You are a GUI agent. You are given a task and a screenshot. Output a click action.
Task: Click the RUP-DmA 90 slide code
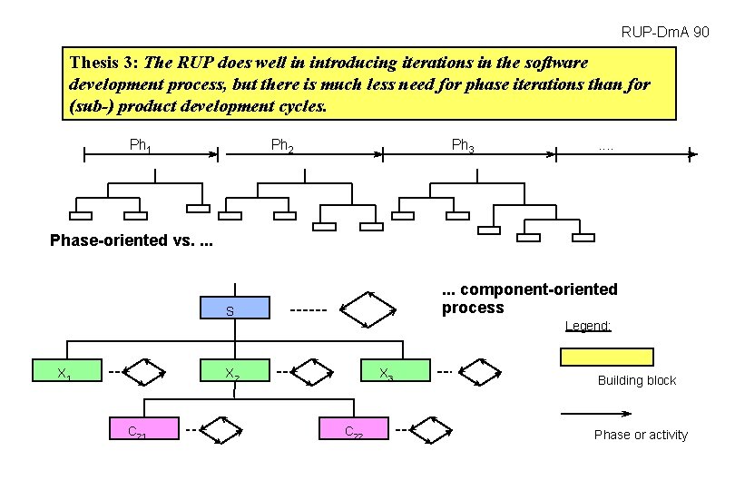[665, 33]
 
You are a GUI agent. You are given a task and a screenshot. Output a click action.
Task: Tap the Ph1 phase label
[141, 144]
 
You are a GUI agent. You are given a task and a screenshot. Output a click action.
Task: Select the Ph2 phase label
[282, 144]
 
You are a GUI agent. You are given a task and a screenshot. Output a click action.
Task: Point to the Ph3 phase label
[463, 144]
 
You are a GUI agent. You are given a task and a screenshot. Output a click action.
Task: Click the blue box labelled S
[235, 309]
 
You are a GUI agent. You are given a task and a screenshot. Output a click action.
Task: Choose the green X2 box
[235, 372]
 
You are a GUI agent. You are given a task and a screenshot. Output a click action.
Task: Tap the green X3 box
[388, 372]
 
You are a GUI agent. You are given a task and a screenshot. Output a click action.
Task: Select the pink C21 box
[139, 429]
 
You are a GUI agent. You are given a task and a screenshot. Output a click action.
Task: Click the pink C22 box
[355, 429]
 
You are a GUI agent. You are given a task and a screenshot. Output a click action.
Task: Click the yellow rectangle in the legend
[606, 356]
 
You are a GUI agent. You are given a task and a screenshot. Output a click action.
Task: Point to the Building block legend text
[636, 381]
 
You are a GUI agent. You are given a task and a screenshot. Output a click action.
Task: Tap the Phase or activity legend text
[641, 436]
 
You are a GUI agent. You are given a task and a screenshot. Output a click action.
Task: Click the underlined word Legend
[588, 326]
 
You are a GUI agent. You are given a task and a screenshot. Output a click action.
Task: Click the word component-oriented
[539, 289]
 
